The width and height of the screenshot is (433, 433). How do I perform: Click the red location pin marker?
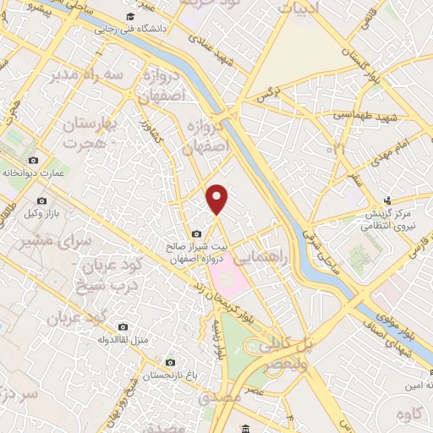point(217,198)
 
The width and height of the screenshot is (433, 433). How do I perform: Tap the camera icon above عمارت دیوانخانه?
point(33,160)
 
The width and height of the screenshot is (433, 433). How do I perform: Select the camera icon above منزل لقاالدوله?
point(123,326)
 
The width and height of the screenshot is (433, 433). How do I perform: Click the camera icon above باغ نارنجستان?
point(171,362)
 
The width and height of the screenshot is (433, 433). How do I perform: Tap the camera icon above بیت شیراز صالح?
point(196,233)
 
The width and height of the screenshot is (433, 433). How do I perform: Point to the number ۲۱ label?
point(339,149)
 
